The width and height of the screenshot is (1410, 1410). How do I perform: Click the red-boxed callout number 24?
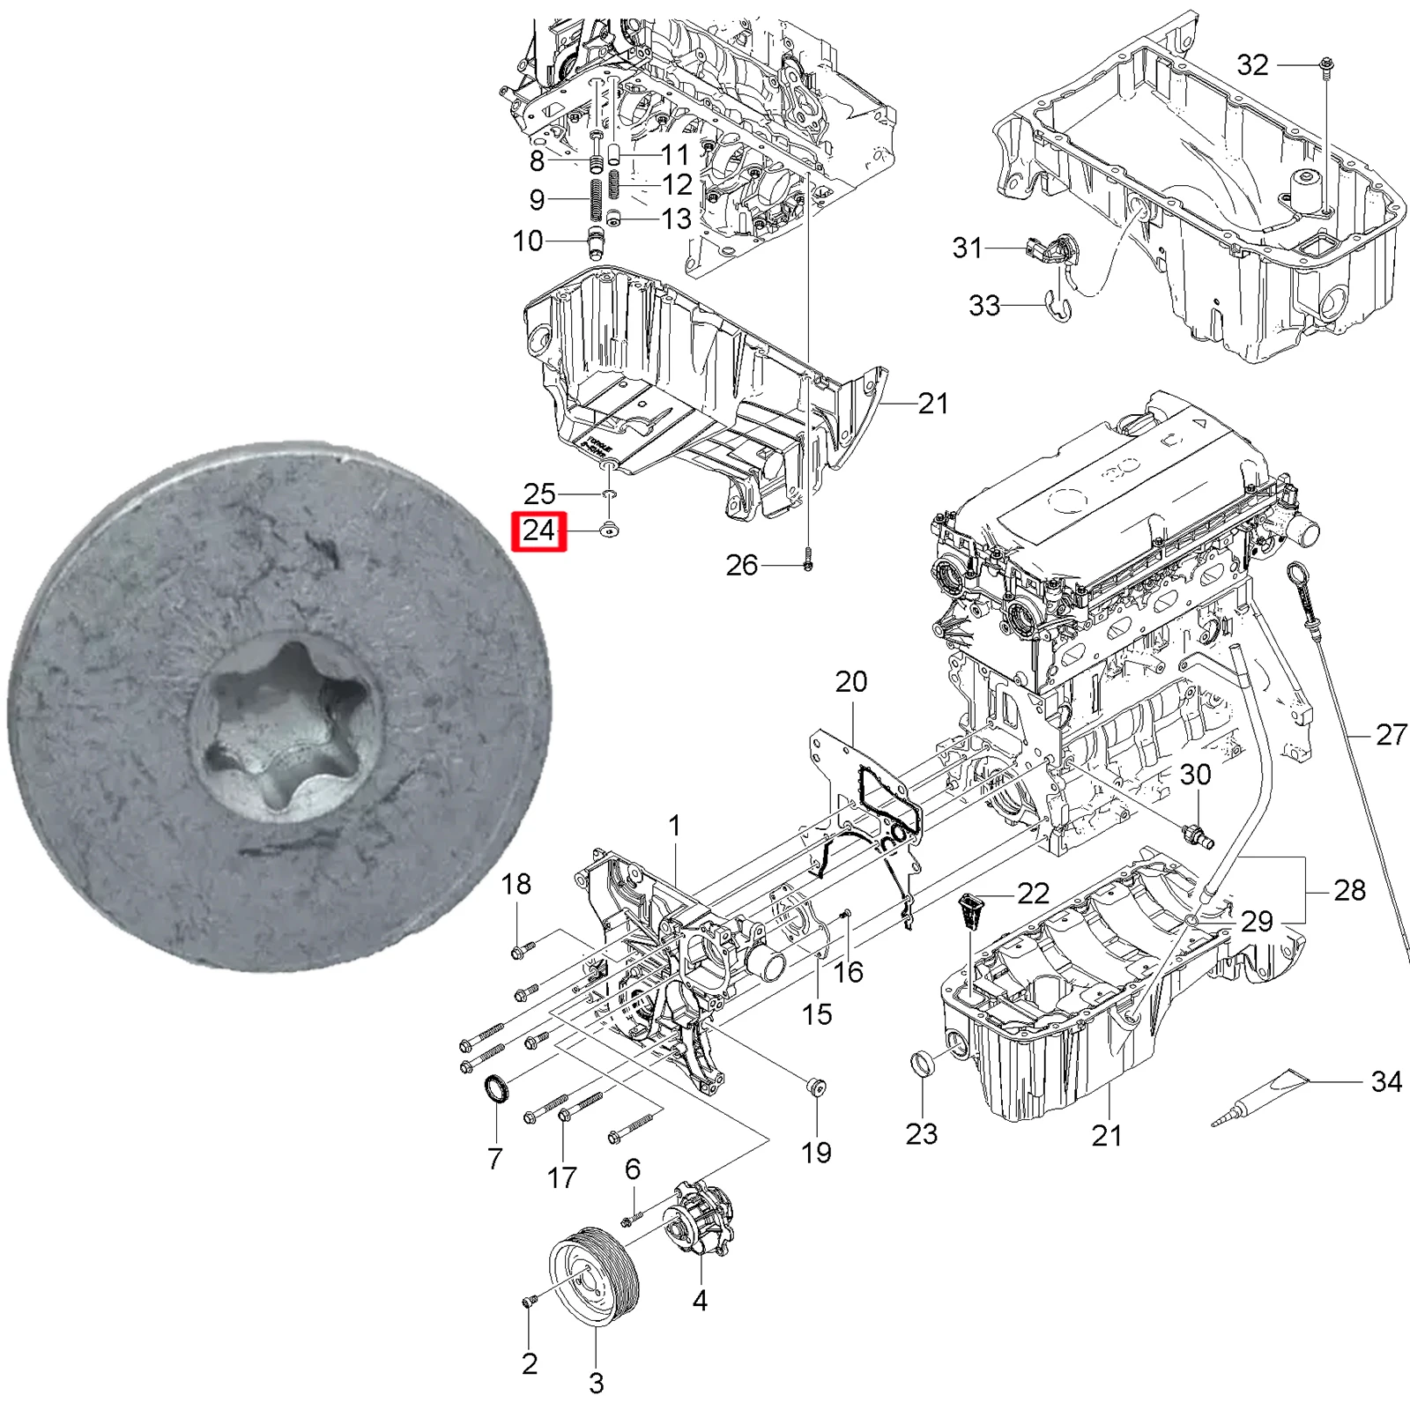(x=538, y=531)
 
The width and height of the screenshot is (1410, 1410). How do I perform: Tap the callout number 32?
(x=1252, y=64)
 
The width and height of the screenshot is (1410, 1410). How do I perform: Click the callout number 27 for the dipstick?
(x=1391, y=734)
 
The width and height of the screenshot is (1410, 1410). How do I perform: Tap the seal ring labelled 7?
(x=497, y=1090)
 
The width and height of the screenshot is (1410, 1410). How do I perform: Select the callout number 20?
(x=851, y=681)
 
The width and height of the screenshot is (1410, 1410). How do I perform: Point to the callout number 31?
(x=967, y=248)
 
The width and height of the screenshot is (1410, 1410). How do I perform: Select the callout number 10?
(x=528, y=241)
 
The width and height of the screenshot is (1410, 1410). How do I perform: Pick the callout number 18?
(x=516, y=884)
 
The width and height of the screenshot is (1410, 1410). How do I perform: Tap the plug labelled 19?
(x=816, y=1087)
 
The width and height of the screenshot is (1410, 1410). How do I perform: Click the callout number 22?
(x=1033, y=894)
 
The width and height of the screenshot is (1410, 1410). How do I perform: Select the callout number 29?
(x=1257, y=921)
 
